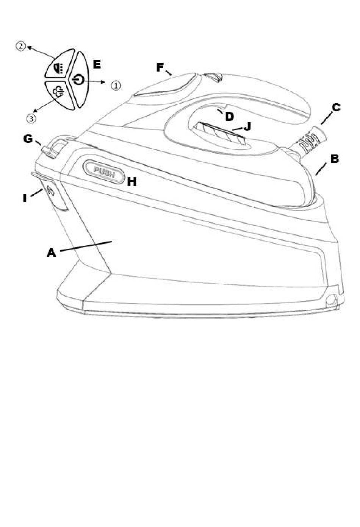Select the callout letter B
335,159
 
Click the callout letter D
229,117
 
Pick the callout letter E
97,64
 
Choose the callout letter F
160,68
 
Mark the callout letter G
28,139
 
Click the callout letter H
132,182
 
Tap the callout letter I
25,198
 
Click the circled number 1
116,86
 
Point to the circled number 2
20,46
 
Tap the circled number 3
31,118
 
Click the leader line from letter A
86,246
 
